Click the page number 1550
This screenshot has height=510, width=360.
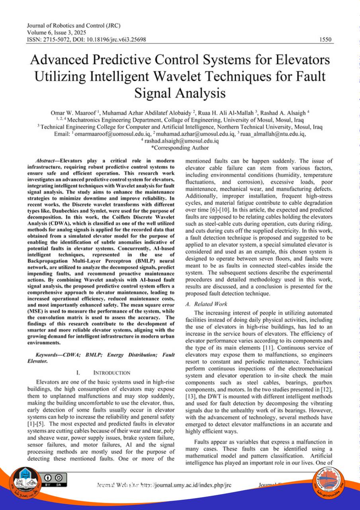[326, 40]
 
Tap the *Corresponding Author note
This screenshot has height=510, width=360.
[180, 148]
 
